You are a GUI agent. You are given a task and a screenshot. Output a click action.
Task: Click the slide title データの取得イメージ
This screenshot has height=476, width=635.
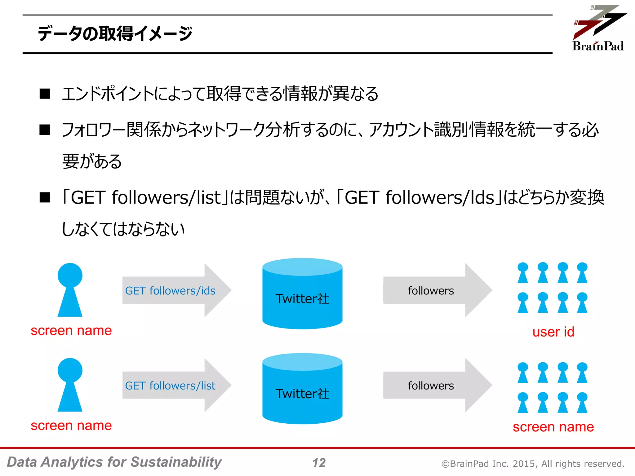[115, 33]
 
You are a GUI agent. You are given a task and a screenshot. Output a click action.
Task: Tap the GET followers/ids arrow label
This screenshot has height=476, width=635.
[170, 291]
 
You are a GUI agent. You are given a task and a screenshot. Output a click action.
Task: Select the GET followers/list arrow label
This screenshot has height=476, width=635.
[170, 386]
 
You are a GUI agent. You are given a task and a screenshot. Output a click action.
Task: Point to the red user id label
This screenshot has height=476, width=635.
[553, 332]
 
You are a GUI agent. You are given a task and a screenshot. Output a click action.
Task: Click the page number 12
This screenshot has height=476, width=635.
[319, 463]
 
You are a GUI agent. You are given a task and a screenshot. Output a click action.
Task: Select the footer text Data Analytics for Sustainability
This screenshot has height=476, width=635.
[114, 462]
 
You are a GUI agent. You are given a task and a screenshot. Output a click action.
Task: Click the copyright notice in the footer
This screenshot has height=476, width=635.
[533, 464]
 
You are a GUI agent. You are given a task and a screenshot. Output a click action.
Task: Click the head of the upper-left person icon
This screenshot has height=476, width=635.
[70, 275]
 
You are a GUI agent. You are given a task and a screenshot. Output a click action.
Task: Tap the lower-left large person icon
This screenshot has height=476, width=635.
[70, 386]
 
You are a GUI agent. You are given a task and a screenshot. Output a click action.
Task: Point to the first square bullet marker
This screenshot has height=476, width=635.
[45, 94]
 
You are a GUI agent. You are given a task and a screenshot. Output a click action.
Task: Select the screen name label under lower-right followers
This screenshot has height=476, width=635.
[553, 427]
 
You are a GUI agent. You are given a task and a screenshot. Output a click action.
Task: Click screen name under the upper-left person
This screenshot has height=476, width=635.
[71, 331]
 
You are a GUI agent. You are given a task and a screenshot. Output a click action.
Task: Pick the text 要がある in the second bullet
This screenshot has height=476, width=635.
[92, 161]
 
